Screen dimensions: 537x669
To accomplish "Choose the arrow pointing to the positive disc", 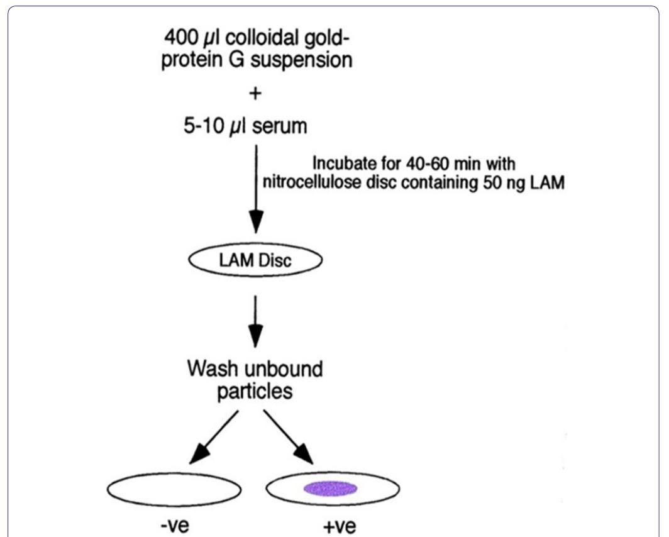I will (290, 437).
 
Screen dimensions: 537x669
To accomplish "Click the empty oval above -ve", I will (174, 490).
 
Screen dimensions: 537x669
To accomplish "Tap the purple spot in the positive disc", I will (331, 489).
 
